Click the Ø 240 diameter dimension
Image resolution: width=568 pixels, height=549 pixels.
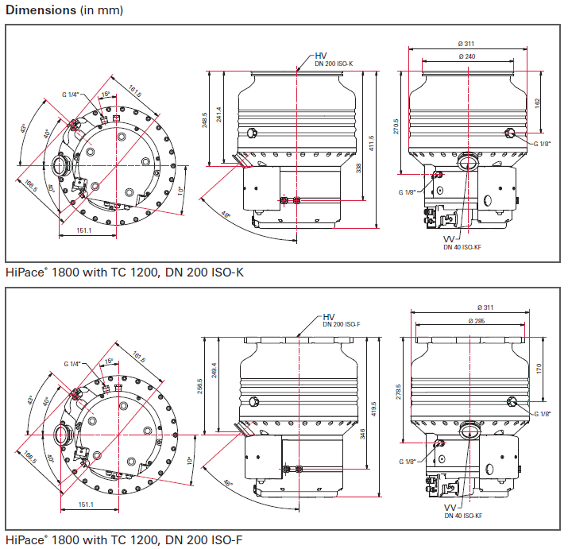(468, 57)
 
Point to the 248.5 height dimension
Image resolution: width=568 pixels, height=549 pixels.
(204, 119)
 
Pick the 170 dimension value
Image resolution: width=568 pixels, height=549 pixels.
(539, 368)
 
